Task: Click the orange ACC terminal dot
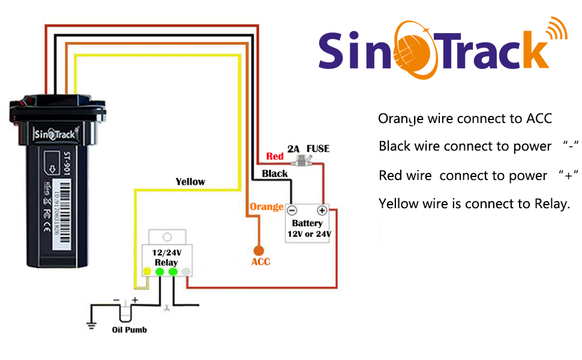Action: point(259,250)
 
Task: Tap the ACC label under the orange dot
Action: point(260,262)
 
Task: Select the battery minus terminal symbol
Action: point(292,211)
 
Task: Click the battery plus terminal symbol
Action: point(322,211)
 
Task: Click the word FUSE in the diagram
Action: point(318,149)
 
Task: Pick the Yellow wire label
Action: point(190,181)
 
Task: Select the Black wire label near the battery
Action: point(275,173)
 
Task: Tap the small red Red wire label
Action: point(275,157)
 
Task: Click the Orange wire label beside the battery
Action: point(266,207)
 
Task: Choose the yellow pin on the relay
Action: point(146,271)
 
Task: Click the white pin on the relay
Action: point(187,271)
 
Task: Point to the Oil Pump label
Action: point(130,329)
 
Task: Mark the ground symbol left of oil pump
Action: point(91,326)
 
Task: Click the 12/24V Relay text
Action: point(166,258)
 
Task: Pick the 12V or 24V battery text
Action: point(308,234)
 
